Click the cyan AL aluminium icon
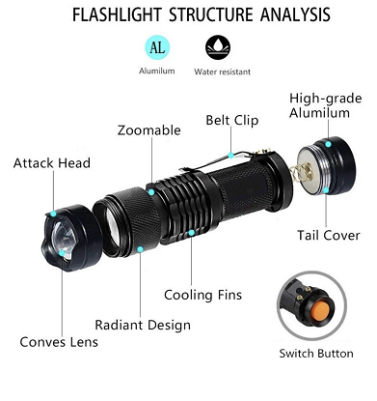(157, 47)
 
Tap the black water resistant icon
(218, 47)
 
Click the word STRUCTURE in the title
(211, 14)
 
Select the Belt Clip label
(232, 120)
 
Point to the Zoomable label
(149, 130)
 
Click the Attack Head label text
(52, 163)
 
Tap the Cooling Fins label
(202, 295)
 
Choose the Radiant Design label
(143, 325)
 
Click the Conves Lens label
(59, 342)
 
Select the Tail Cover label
(328, 235)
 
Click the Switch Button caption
(316, 354)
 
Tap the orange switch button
(321, 310)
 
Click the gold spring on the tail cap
(302, 171)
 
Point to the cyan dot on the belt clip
(230, 156)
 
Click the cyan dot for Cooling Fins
(191, 233)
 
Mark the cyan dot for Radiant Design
(140, 249)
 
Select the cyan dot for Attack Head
(53, 214)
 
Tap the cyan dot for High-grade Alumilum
(328, 144)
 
